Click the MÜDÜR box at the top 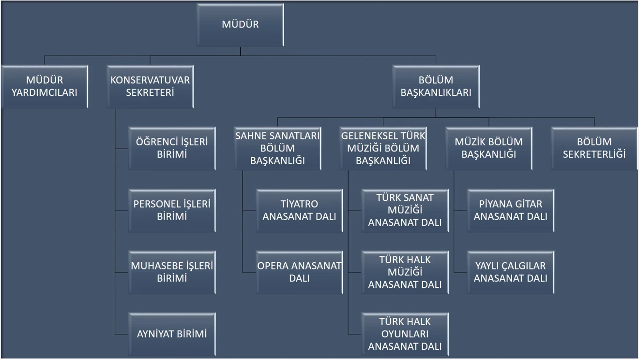(x=240, y=25)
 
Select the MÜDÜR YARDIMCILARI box (x=45, y=87)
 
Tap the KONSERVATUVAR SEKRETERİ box (x=150, y=87)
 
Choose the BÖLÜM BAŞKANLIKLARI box (x=436, y=87)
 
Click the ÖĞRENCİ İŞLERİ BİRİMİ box (x=172, y=149)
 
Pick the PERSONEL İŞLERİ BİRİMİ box (x=172, y=210)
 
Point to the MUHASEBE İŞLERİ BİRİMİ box (x=172, y=272)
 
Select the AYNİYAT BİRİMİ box (x=172, y=334)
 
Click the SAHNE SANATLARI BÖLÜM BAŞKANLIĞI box (x=277, y=149)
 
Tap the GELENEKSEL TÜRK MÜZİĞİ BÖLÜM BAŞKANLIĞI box (x=383, y=149)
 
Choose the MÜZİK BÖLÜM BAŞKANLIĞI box (x=488, y=149)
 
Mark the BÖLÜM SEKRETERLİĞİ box (x=594, y=149)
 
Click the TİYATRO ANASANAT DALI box (x=299, y=210)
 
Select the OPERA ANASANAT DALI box (x=299, y=272)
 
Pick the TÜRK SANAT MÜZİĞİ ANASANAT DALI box (x=405, y=210)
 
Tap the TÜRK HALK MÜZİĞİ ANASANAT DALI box (x=405, y=272)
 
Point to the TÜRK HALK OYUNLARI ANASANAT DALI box (x=405, y=334)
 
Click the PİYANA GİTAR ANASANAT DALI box (x=510, y=210)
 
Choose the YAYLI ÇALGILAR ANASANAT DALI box (x=510, y=272)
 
